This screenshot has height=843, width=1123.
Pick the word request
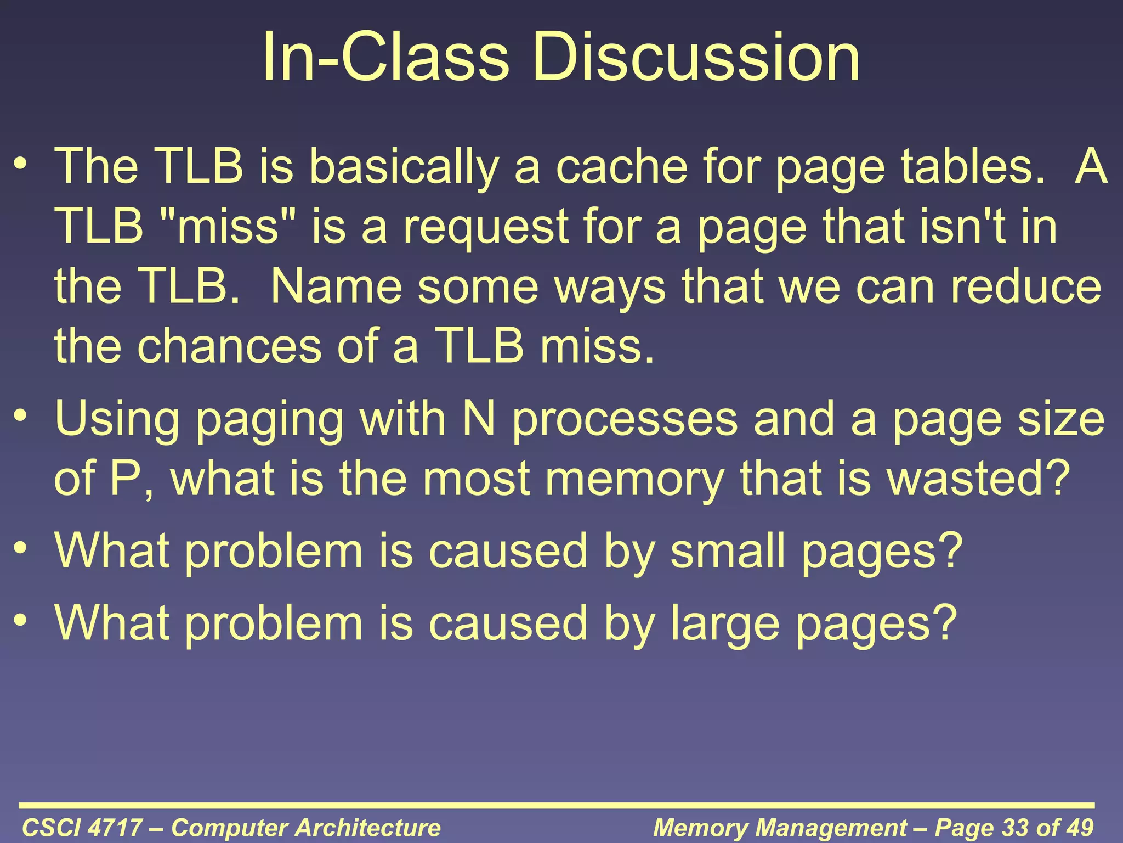[485, 228]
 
